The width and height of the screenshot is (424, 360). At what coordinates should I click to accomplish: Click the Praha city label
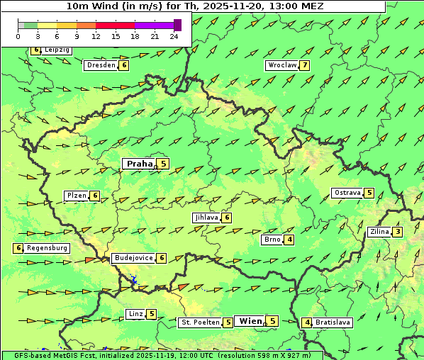140,164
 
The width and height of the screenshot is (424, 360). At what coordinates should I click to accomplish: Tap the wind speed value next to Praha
164,164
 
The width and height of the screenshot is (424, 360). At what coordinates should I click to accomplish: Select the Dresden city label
101,65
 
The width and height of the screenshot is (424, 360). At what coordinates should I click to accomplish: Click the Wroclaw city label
281,65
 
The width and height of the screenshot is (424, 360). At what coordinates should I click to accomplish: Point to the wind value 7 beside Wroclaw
305,65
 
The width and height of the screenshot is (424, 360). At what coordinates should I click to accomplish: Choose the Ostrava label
347,193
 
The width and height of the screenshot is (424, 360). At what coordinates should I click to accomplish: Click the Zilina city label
379,232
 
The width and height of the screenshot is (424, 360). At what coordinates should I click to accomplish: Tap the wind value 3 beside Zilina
398,232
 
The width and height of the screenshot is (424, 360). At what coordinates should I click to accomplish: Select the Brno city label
272,240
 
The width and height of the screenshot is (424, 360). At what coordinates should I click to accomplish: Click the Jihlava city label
206,218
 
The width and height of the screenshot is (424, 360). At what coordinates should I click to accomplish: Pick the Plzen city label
76,196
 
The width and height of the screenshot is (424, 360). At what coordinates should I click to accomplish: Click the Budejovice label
133,258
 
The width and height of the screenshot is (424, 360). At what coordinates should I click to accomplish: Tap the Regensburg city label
48,248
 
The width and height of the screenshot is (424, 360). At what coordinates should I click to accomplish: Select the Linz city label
135,314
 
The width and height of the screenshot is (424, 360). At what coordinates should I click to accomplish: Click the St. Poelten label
199,322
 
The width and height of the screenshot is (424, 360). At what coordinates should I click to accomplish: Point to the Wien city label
250,321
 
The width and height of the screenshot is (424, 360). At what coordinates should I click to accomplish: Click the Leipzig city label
57,50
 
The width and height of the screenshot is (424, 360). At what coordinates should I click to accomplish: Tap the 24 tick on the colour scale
174,35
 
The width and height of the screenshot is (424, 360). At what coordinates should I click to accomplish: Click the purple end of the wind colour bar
177,25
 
